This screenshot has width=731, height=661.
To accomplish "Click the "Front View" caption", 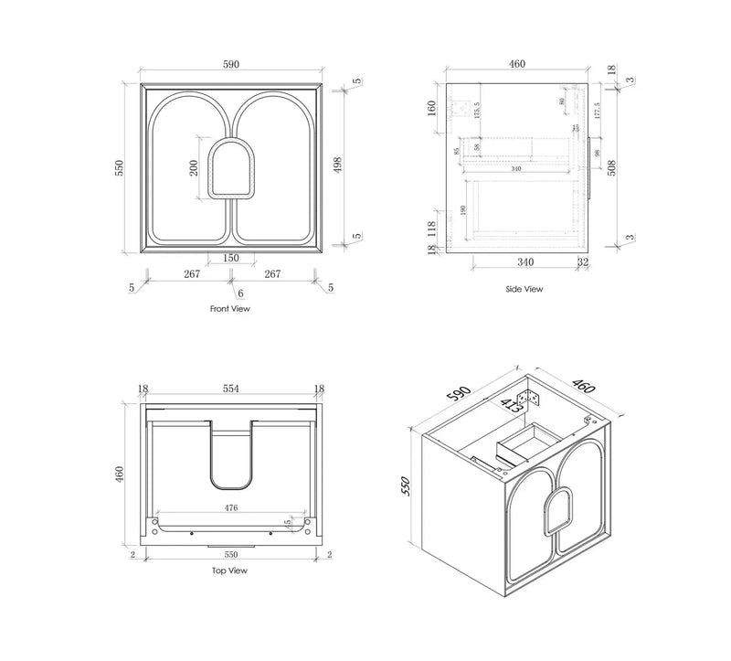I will [229, 309].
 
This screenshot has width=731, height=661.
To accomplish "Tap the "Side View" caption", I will [524, 289].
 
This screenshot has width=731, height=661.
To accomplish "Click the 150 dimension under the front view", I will [229, 259].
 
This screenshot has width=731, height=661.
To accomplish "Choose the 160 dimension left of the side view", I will [432, 108].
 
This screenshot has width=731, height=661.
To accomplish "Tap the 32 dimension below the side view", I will [583, 262].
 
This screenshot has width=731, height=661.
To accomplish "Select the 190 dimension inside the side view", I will [466, 211].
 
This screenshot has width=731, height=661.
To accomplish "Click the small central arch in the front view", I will [229, 169].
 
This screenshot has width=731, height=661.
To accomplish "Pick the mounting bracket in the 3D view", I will [527, 399].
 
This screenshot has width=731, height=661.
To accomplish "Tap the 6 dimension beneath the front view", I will [239, 293].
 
